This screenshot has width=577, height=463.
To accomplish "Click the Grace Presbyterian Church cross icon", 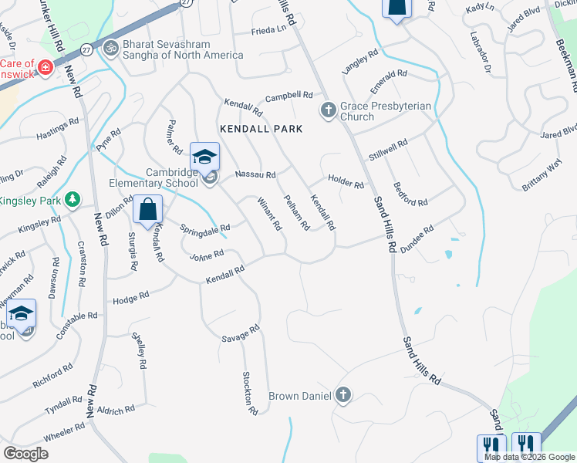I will tap(328, 110).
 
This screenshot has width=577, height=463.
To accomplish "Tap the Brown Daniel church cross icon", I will tap(343, 396).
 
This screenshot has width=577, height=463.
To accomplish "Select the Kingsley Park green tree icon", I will tap(73, 201).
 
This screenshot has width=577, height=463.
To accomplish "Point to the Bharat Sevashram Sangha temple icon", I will tap(110, 48).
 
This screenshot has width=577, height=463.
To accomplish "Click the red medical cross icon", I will tap(46, 67).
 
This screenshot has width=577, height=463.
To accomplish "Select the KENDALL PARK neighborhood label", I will tap(260, 128).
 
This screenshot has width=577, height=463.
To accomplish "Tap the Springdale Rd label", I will tap(205, 228).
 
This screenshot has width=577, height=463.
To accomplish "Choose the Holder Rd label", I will tap(345, 182).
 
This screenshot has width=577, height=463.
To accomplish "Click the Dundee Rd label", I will tap(417, 232).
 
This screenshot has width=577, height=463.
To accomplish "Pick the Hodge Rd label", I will tap(130, 298).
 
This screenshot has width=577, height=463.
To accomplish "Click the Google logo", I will tap(26, 454).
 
